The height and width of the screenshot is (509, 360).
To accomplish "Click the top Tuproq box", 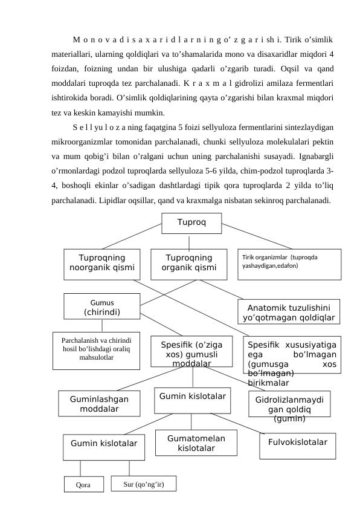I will [x=191, y=222].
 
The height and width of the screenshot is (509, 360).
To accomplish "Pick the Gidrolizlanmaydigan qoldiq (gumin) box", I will [x=289, y=404].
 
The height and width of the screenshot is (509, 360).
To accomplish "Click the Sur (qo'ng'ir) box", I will [x=144, y=484].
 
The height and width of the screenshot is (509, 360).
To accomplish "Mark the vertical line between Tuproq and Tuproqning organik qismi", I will [x=189, y=242].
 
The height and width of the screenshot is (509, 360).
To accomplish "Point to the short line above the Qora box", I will [x=80, y=468].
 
